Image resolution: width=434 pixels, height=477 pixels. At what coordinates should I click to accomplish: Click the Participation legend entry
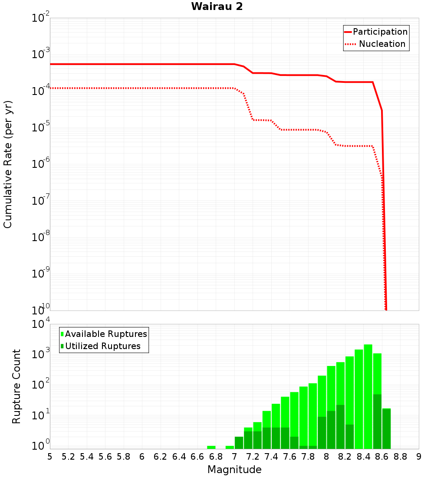tap(380, 32)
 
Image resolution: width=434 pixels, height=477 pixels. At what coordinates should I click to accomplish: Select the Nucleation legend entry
tap(381, 44)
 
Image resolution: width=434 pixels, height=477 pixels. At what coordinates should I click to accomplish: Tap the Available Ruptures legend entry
tap(106, 334)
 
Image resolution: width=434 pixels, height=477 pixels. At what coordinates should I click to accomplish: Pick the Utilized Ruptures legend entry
tap(102, 346)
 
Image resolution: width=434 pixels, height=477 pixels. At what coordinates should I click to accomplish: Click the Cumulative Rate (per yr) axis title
tap(8, 164)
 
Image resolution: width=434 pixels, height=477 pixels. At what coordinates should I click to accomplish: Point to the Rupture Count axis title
tap(16, 386)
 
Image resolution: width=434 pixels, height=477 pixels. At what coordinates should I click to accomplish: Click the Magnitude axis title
tap(234, 470)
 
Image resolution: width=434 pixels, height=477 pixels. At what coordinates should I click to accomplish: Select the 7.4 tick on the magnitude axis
tap(271, 457)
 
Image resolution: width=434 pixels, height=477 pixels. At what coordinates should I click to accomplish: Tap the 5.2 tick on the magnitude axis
tap(68, 457)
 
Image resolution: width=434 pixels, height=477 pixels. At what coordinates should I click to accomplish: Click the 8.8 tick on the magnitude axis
tap(400, 457)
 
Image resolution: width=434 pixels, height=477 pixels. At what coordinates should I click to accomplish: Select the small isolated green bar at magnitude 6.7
tap(211, 447)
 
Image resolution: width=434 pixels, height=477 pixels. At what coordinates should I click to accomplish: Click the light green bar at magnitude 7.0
tap(230, 447)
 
